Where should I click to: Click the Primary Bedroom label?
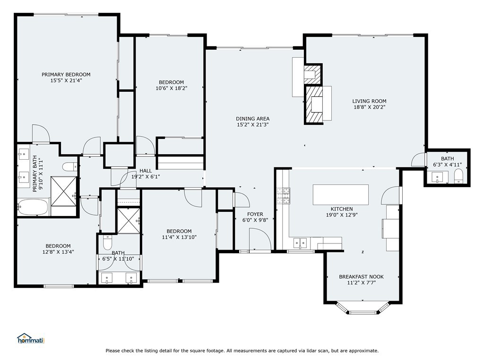(x=66, y=74)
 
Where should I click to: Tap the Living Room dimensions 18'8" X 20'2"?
(x=370, y=107)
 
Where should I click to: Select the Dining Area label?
(x=253, y=119)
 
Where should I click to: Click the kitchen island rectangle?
(x=341, y=194)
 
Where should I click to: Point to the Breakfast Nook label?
(x=361, y=277)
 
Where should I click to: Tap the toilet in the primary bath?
(x=70, y=167)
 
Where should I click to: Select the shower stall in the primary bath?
(x=63, y=191)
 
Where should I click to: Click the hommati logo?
(x=31, y=338)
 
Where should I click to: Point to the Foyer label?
(x=255, y=214)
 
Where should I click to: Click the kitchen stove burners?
(x=283, y=196)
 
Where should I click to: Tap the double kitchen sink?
(x=300, y=243)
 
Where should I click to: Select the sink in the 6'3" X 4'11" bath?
(x=437, y=178)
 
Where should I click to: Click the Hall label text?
(x=146, y=171)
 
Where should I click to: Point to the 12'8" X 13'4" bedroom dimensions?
(x=58, y=252)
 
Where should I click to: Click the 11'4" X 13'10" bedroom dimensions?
(x=179, y=237)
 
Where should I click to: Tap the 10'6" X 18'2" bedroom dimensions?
(x=172, y=88)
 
